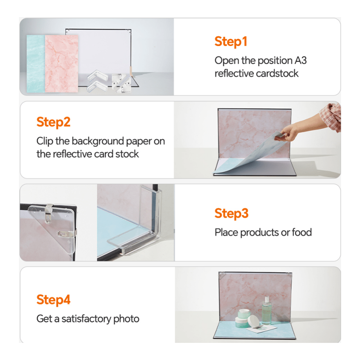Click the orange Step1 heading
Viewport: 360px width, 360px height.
[x=231, y=42]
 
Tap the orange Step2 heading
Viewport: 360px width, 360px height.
[x=54, y=122]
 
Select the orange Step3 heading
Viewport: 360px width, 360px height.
[x=231, y=213]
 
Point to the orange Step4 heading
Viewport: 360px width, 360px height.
[x=54, y=300]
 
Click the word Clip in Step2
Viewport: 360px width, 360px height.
[x=45, y=141]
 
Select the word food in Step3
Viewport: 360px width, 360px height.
[x=301, y=232]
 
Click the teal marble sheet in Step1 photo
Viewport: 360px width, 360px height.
[x=36, y=63]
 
